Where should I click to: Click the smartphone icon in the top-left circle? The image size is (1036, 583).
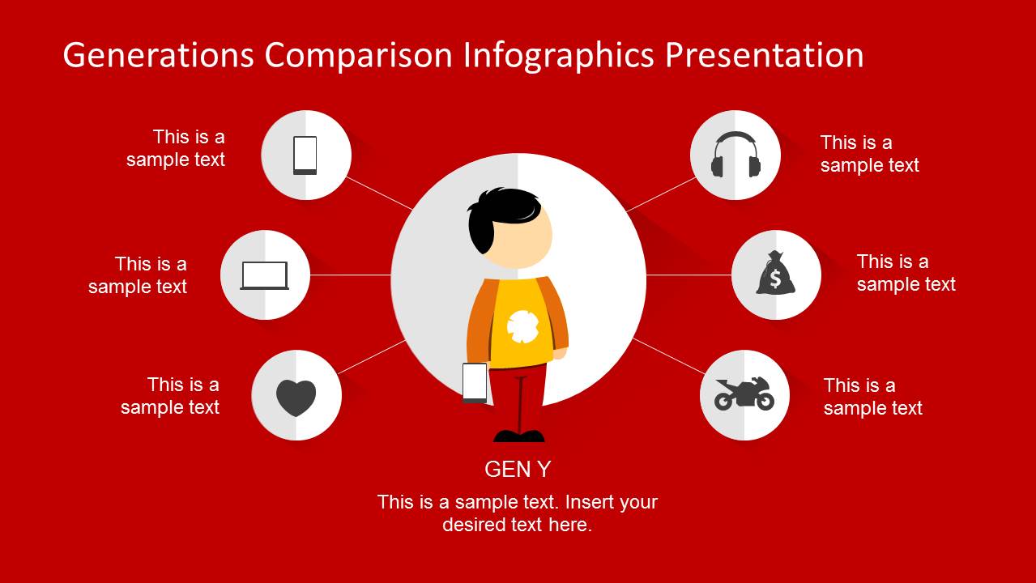click(x=305, y=155)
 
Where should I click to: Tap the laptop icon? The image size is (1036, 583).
click(x=265, y=275)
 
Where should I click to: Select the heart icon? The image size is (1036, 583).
click(x=296, y=397)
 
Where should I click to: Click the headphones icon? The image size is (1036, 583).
click(x=735, y=155)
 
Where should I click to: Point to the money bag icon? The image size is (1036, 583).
click(x=775, y=274)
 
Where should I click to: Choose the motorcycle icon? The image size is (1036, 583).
click(x=744, y=394)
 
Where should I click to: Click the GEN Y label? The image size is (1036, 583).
click(x=518, y=469)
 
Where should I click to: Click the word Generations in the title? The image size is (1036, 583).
click(x=158, y=55)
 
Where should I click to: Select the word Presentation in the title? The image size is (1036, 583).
click(x=764, y=55)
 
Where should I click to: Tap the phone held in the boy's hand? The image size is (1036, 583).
click(x=475, y=382)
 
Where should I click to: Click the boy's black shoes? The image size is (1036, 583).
click(x=519, y=436)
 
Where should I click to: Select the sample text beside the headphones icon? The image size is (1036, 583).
click(x=869, y=154)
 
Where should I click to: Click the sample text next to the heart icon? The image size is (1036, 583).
click(x=170, y=395)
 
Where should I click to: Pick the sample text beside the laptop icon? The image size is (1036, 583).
click(x=138, y=275)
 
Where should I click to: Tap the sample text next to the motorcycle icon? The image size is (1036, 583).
click(x=872, y=396)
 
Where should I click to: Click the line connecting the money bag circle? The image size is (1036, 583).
click(x=689, y=275)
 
